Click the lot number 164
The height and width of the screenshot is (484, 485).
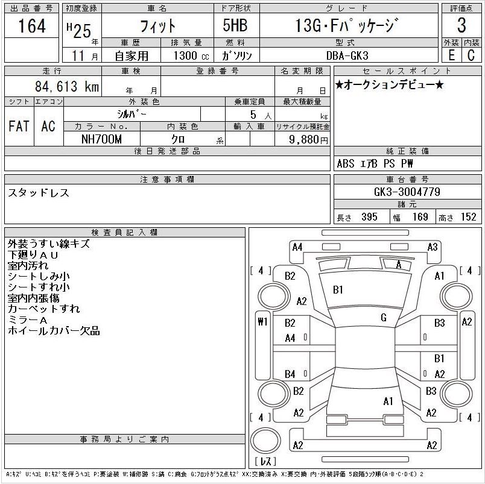click(x=32, y=26)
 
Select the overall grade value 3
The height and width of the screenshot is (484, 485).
click(x=461, y=25)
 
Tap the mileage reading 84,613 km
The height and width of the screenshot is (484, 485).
click(x=67, y=86)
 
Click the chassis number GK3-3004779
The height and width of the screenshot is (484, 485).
click(x=407, y=192)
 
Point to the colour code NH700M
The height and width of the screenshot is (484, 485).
click(x=101, y=139)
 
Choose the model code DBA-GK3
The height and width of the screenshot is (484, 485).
click(x=347, y=55)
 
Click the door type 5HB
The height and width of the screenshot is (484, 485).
click(x=235, y=25)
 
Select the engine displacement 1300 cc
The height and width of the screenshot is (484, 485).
click(x=191, y=55)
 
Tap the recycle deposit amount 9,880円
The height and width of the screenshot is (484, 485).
click(x=308, y=140)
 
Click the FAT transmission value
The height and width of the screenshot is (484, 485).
click(x=19, y=126)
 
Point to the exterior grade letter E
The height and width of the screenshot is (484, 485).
click(x=452, y=55)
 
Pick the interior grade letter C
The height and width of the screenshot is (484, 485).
click(x=471, y=55)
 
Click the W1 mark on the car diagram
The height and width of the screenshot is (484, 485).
click(x=262, y=322)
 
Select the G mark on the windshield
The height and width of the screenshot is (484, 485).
click(x=384, y=318)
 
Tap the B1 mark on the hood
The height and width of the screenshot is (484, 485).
click(x=338, y=289)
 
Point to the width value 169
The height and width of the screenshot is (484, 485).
click(x=420, y=216)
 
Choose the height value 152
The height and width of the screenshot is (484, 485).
click(x=468, y=216)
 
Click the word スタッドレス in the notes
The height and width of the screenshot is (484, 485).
click(x=39, y=193)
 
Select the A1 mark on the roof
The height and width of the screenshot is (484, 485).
click(x=388, y=401)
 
